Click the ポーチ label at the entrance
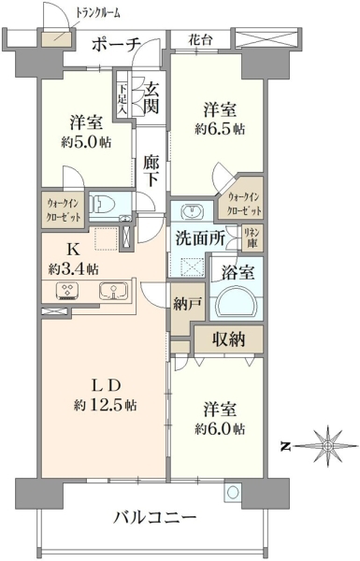click(x=116, y=45)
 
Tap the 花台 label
click(x=200, y=40)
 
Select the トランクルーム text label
click(x=97, y=13)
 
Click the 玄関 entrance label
click(x=151, y=97)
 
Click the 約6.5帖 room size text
click(x=220, y=129)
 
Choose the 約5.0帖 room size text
click(x=86, y=143)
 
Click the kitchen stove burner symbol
click(x=68, y=291)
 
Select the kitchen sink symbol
click(x=114, y=291)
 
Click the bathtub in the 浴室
click(x=237, y=301)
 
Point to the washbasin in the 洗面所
click(x=193, y=211)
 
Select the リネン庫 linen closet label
click(x=252, y=237)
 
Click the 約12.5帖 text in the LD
click(x=105, y=405)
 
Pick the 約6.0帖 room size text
click(x=220, y=428)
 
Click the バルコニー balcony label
click(x=155, y=517)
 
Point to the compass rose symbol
click(x=327, y=446)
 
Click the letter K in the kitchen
click(x=73, y=250)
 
